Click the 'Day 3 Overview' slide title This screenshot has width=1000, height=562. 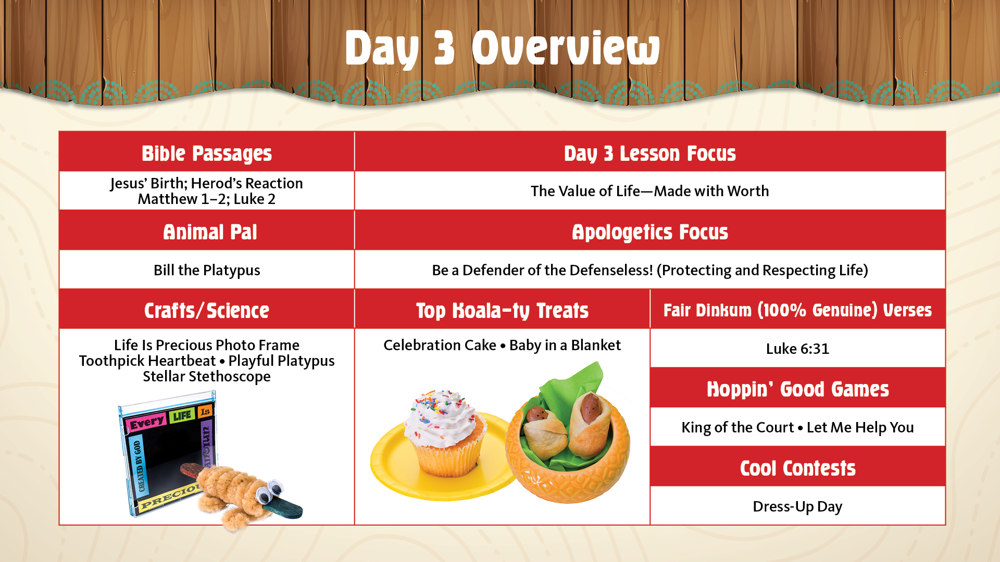coord(502,48)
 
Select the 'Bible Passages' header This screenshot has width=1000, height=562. coord(207,154)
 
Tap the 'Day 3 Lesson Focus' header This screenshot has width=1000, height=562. coord(650,154)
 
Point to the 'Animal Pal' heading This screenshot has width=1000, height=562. coord(210,232)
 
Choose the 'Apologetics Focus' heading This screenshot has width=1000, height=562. coord(650,233)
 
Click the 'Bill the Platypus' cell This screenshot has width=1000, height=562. coord(207,270)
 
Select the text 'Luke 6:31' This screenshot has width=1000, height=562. coord(797,349)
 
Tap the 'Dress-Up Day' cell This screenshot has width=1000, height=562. coord(797,506)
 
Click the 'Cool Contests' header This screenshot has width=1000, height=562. coord(798,468)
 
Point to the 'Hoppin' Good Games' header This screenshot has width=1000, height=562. coord(798,389)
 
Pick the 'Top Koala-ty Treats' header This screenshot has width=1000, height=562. coord(502,311)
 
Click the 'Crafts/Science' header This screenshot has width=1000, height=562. coord(207,311)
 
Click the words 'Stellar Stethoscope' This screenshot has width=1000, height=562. coord(207,376)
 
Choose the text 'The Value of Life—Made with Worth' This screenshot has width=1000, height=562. coord(650,191)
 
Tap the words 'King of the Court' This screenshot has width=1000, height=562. coord(737,427)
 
